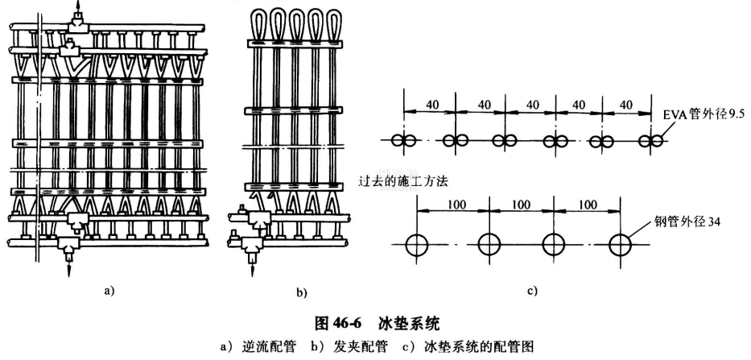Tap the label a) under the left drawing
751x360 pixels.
109,291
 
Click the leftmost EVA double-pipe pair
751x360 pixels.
402,140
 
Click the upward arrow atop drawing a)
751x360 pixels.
77,10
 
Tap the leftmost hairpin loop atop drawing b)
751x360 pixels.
263,22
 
